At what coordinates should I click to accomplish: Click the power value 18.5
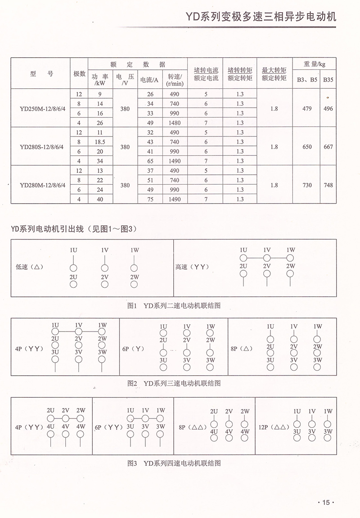[100, 142]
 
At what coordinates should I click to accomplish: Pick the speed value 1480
[175, 123]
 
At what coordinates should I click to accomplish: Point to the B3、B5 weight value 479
[307, 109]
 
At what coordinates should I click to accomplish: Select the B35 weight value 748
[328, 185]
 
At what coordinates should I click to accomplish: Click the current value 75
[150, 199]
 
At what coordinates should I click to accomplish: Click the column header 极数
[79, 73]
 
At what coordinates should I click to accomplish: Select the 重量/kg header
[312, 64]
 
